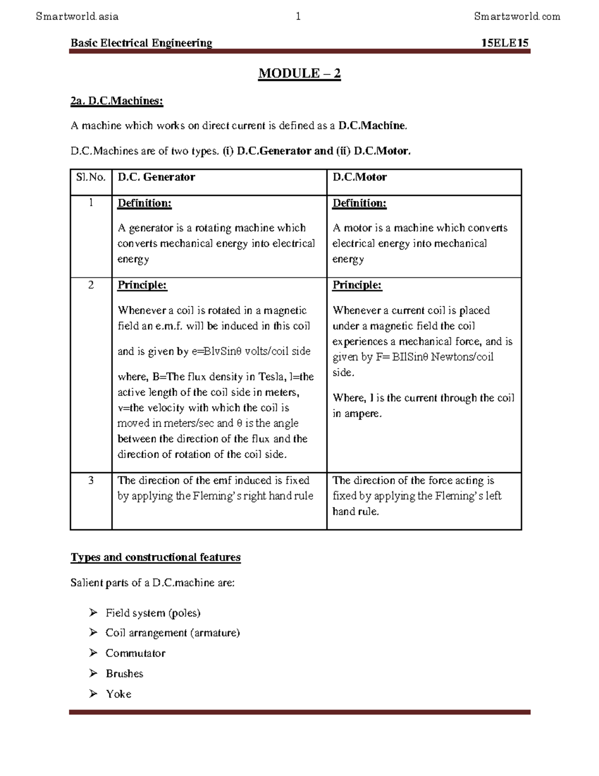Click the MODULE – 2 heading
299,73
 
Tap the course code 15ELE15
505,43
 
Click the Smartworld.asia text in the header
77,16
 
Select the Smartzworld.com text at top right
517,16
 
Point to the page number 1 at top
298,16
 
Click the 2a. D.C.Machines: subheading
117,101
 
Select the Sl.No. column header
90,177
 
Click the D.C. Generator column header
156,177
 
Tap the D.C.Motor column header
359,177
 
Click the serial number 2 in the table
91,285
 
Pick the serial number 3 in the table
91,480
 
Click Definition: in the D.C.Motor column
359,203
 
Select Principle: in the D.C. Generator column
142,285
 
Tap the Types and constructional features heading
156,557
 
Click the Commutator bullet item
135,653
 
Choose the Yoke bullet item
118,694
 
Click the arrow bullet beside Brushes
93,673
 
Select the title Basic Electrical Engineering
141,43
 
